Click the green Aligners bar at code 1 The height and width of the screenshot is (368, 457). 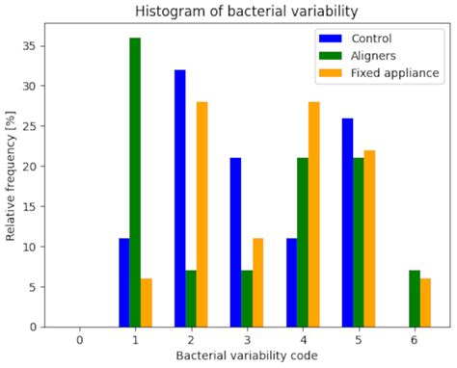pyautogui.click(x=135, y=182)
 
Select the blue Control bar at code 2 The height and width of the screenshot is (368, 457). pyautogui.click(x=179, y=198)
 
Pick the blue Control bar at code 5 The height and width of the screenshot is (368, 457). pyautogui.click(x=347, y=223)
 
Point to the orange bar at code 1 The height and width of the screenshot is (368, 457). pyautogui.click(x=147, y=302)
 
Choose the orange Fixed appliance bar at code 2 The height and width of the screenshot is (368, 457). pyautogui.click(x=202, y=214)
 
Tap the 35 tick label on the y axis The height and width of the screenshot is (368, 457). pyautogui.click(x=33, y=46)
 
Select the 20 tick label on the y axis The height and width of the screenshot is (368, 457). pyautogui.click(x=33, y=167)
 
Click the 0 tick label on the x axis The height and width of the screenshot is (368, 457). pyautogui.click(x=79, y=339)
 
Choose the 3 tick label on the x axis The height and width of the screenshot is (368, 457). pyautogui.click(x=246, y=339)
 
